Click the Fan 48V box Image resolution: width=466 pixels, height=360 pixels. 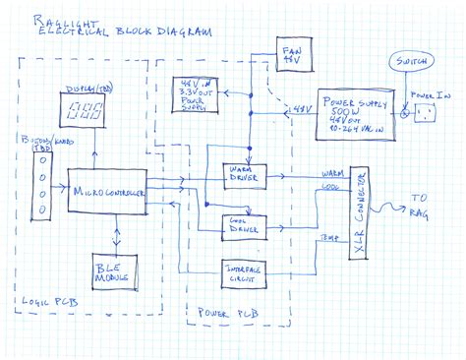(291, 55)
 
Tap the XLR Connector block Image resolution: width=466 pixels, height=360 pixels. (360, 214)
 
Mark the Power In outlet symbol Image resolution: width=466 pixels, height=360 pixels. (425, 116)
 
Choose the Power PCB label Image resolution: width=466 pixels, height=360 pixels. (226, 314)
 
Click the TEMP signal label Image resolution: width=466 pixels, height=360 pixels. (325, 239)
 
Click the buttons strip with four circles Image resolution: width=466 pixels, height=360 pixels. (41, 191)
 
